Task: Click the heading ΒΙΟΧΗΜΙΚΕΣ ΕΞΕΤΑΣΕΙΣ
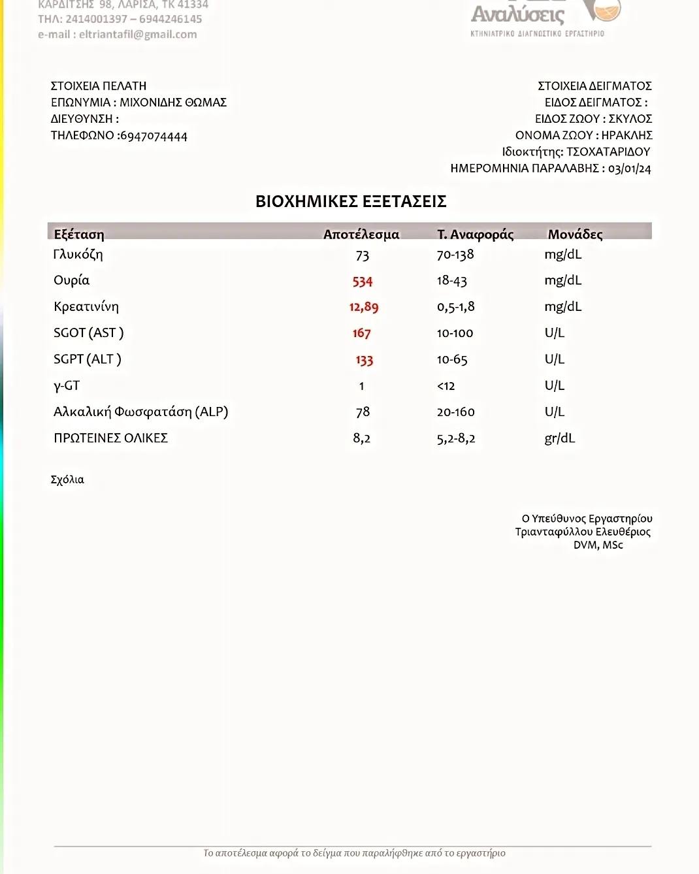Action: (x=351, y=201)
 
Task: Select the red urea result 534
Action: (x=362, y=282)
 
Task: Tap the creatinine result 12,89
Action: (x=363, y=307)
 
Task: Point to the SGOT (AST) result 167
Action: (x=361, y=333)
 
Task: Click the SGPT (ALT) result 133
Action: (x=364, y=360)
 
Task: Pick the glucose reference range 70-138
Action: (x=455, y=255)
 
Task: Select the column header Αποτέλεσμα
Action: (x=361, y=235)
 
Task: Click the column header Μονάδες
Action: (x=575, y=235)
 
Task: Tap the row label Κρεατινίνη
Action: (x=86, y=307)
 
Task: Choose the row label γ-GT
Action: (x=67, y=386)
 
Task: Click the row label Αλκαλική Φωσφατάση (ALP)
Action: (x=140, y=412)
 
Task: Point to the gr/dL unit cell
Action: (x=559, y=438)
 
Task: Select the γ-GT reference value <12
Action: (x=446, y=386)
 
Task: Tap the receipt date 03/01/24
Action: (x=629, y=169)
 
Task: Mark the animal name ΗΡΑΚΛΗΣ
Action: (x=626, y=135)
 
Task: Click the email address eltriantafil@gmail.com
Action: (x=138, y=35)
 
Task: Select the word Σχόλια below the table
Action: (x=67, y=479)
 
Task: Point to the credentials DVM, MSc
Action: (x=598, y=545)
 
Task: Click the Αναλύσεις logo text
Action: (x=517, y=14)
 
